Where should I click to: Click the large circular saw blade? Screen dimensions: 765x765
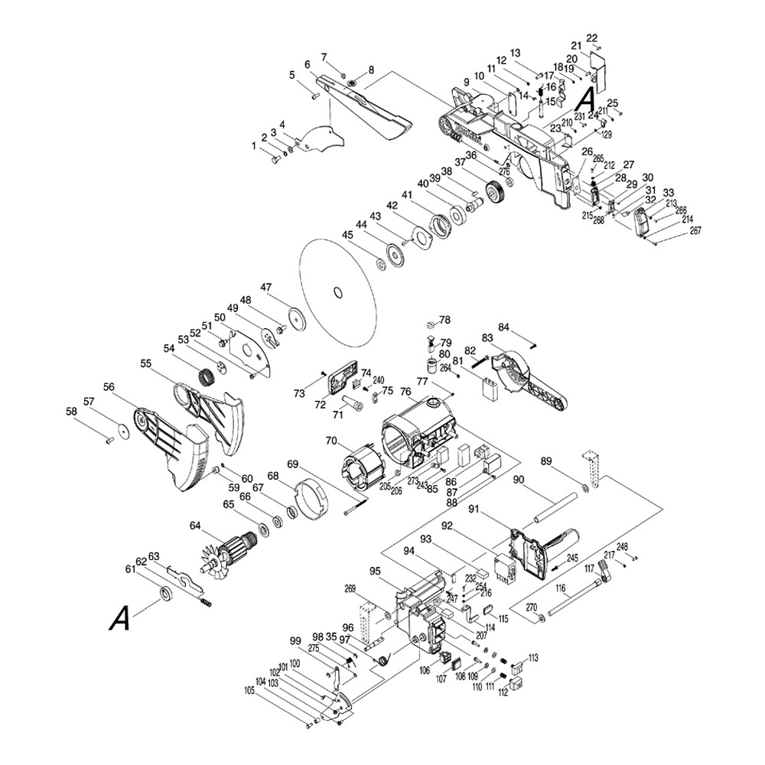(x=337, y=292)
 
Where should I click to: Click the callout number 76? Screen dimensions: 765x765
(x=405, y=392)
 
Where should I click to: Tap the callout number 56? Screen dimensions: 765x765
(x=109, y=387)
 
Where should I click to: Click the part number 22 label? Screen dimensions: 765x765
(x=592, y=38)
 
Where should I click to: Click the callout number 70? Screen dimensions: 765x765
(x=331, y=441)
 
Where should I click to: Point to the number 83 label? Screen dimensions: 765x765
(x=487, y=337)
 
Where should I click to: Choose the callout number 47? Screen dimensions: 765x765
(x=265, y=288)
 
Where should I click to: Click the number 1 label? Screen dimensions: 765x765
(x=255, y=145)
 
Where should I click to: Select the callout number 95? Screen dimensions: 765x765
(x=375, y=571)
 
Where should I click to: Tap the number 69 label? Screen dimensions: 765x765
(x=292, y=464)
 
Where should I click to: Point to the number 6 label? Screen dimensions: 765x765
(x=306, y=64)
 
